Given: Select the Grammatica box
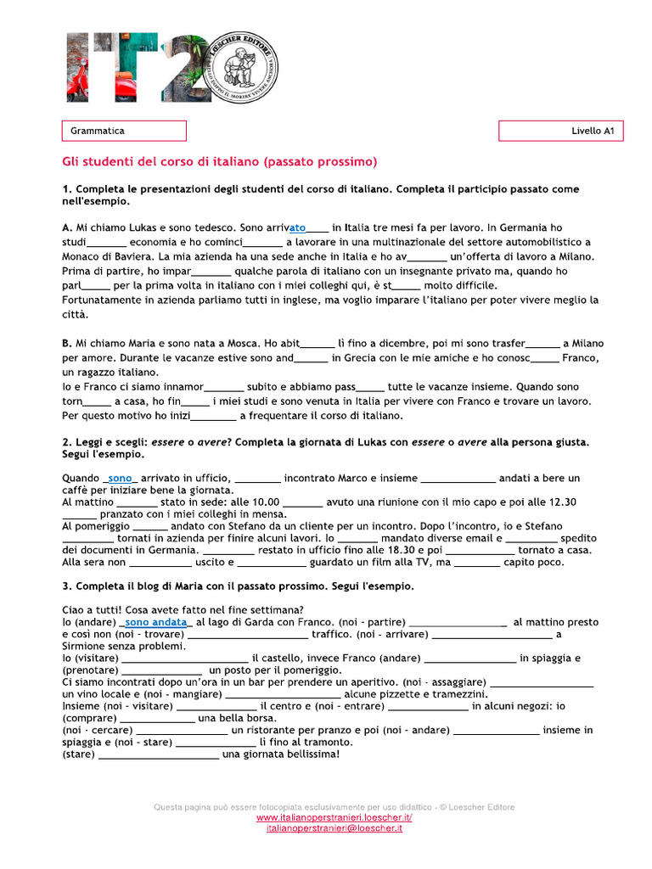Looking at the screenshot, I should (124, 131).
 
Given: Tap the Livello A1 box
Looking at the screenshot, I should (560, 131).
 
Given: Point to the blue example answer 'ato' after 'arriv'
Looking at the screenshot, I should (297, 227).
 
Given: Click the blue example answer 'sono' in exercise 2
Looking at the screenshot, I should (121, 478).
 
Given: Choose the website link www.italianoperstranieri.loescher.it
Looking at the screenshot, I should (334, 817).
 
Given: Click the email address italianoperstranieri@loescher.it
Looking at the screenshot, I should (334, 827).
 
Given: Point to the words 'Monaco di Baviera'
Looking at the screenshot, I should (104, 256).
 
